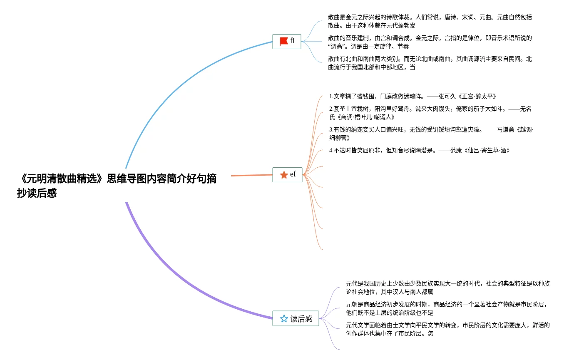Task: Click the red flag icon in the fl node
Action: (284, 41)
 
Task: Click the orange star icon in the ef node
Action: (284, 175)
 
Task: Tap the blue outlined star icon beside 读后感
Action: (284, 319)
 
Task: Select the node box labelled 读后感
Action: (296, 319)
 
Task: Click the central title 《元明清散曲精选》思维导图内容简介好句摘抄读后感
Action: (117, 186)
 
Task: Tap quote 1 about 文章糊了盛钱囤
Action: (412, 96)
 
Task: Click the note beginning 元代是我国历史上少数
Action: (447, 288)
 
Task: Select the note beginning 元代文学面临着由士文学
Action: (447, 329)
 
